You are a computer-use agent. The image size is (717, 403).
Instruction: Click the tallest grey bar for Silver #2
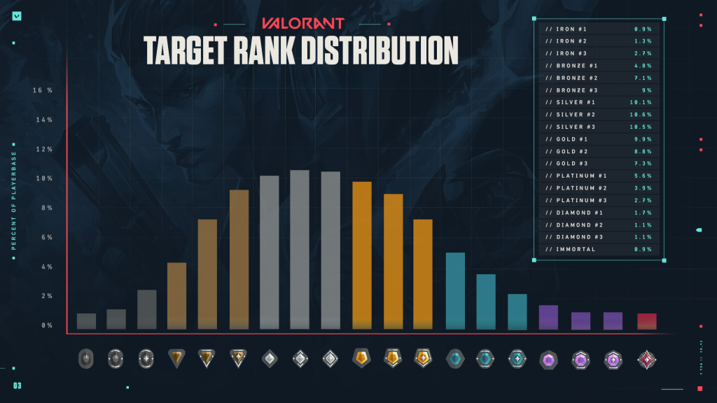[x=300, y=249]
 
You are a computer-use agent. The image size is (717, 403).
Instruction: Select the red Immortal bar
[x=647, y=321]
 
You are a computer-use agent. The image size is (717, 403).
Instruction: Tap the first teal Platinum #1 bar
[x=455, y=290]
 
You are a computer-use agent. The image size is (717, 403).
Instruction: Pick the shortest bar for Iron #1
[x=86, y=321]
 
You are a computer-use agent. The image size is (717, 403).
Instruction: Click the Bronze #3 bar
[x=239, y=259]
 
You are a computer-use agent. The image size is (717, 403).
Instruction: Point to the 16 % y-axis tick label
[x=43, y=90]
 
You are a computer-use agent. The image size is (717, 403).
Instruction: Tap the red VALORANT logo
[x=302, y=23]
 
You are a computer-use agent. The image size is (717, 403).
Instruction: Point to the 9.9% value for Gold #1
[x=642, y=139]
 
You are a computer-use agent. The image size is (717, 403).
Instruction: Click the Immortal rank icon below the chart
[x=646, y=359]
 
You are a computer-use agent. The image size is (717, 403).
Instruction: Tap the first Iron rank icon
[x=86, y=359]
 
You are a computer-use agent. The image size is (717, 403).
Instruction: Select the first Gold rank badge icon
[x=361, y=358]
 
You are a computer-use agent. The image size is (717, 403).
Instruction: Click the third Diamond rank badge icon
[x=613, y=359]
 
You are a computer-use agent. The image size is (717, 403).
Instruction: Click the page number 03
[x=17, y=386]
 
